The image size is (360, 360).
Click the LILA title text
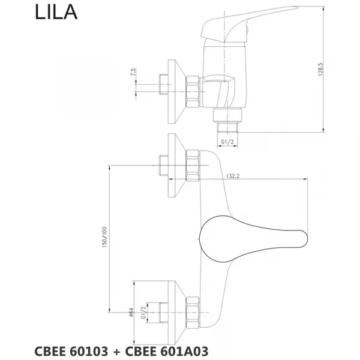[x=56, y=12]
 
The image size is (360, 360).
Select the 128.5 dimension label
[x=320, y=70]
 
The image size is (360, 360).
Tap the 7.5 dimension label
[x=133, y=72]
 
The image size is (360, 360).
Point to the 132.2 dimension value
[x=233, y=176]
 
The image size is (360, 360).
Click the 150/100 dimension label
[x=104, y=237]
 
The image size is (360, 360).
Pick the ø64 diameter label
[x=131, y=312]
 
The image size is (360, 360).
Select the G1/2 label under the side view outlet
[x=227, y=142]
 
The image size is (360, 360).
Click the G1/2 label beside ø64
[x=143, y=313]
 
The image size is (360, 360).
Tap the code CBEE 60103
[x=71, y=351]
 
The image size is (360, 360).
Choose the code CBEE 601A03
[x=167, y=351]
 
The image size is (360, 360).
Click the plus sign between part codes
[x=116, y=352]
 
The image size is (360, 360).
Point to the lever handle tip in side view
[x=296, y=8]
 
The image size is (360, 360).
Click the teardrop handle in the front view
[x=253, y=239]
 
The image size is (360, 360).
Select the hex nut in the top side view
[x=193, y=92]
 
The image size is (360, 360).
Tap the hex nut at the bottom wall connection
[x=193, y=313]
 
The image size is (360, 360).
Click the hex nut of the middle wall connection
[x=193, y=166]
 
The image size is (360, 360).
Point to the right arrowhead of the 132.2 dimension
[x=305, y=179]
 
